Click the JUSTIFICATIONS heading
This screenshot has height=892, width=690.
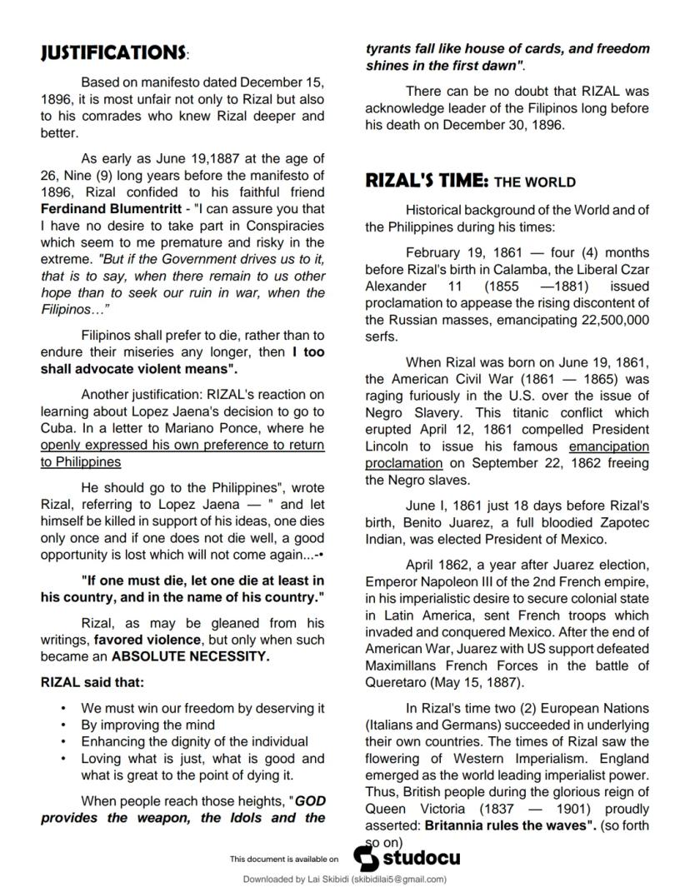(x=113, y=52)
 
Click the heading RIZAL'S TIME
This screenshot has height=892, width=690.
(x=426, y=181)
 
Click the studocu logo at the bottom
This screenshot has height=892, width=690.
(x=407, y=857)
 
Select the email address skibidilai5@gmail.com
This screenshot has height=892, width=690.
(x=396, y=879)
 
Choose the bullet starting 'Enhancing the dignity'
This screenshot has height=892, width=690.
(x=194, y=741)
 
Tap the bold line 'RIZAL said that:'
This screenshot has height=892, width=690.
(x=92, y=682)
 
